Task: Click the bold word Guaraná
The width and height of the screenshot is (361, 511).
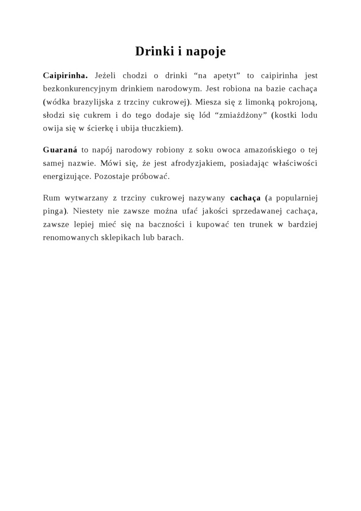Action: pyautogui.click(x=60, y=150)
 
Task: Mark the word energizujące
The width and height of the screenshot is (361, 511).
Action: pyautogui.click(x=67, y=176)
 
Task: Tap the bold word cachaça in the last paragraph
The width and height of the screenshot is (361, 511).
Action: pyautogui.click(x=245, y=197)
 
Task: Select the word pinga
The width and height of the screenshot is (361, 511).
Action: pyautogui.click(x=53, y=211)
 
